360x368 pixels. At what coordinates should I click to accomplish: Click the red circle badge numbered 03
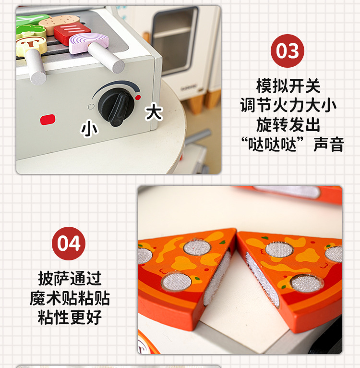click(288, 51)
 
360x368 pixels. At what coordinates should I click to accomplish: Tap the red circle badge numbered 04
click(69, 244)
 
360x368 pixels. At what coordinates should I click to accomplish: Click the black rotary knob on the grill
click(116, 107)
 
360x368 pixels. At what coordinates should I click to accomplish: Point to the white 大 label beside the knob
click(154, 112)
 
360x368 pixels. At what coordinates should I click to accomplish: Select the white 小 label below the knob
click(89, 128)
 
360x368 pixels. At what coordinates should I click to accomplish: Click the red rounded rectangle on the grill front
click(48, 120)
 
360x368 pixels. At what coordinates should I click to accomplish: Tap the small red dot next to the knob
click(138, 98)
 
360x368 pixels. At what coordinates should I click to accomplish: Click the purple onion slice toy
click(89, 42)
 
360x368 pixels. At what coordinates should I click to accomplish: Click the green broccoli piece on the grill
click(31, 31)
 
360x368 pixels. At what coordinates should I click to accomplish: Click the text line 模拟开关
click(288, 86)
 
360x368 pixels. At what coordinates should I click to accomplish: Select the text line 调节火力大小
click(288, 105)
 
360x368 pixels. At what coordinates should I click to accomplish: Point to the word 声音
click(329, 144)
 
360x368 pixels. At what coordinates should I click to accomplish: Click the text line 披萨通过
click(70, 279)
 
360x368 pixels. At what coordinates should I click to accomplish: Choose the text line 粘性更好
click(70, 317)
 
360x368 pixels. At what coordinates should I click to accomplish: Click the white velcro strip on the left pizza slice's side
click(217, 278)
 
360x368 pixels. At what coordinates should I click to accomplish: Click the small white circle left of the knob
click(91, 107)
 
